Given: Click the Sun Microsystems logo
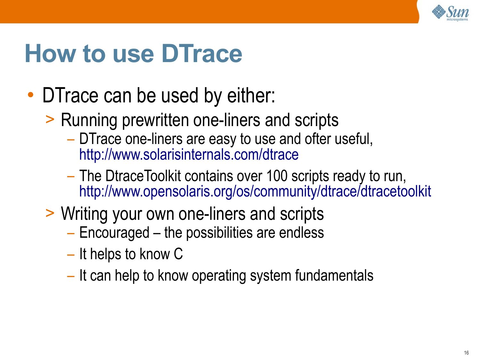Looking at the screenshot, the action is click(x=450, y=13).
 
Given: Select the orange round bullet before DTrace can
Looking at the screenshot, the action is click(x=31, y=95).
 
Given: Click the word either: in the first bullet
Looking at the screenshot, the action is click(x=251, y=95).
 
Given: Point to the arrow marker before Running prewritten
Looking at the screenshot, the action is click(x=50, y=119).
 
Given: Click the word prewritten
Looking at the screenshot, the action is click(x=155, y=120).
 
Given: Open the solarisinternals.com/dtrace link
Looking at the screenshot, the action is click(x=189, y=155).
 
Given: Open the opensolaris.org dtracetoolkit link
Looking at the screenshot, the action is click(x=255, y=191).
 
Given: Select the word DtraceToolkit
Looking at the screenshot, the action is click(x=143, y=176).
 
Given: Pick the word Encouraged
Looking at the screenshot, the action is click(x=114, y=233).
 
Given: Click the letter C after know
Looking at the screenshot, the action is click(x=178, y=254).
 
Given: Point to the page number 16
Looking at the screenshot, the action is click(x=467, y=353).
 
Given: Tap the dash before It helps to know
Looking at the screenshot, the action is click(x=71, y=255).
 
